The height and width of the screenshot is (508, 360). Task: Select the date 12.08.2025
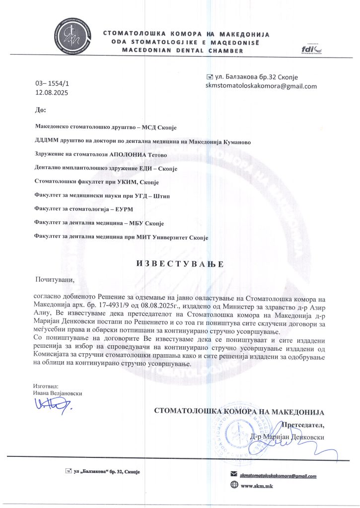[x=52, y=92]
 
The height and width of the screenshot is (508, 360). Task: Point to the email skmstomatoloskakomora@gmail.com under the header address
[x=261, y=86]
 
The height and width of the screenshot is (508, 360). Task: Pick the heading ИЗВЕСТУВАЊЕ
[x=180, y=263]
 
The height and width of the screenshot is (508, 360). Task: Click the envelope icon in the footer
[x=234, y=475]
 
